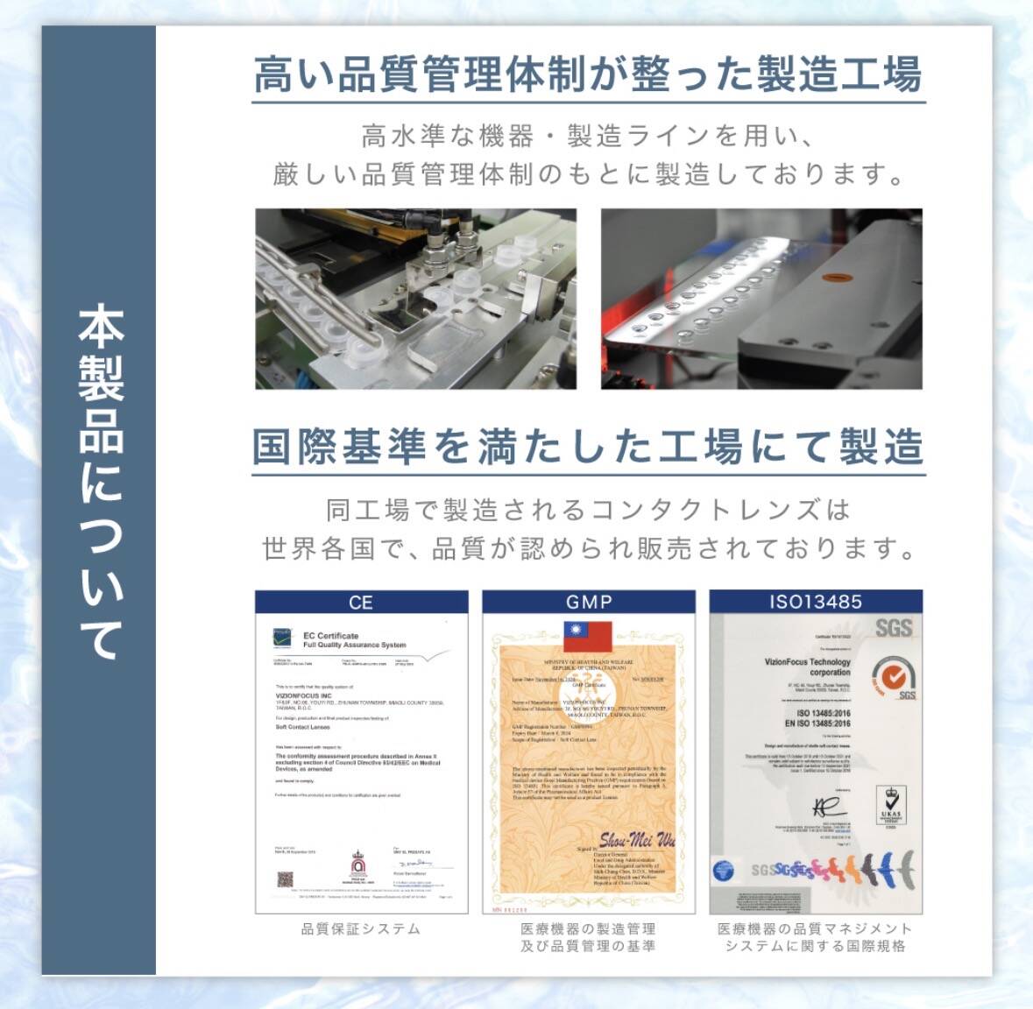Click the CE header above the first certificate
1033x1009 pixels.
(361, 603)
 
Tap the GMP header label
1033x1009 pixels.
(589, 603)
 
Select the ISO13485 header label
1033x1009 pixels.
(815, 602)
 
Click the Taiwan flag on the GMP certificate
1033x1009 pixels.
(587, 636)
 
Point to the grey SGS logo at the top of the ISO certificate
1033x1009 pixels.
(893, 628)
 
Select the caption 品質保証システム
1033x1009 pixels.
(361, 929)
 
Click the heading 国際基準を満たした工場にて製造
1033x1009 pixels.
(587, 447)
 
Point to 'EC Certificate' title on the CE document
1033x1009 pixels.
(331, 636)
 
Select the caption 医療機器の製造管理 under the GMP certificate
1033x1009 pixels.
(588, 929)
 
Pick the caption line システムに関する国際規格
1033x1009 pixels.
(815, 946)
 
